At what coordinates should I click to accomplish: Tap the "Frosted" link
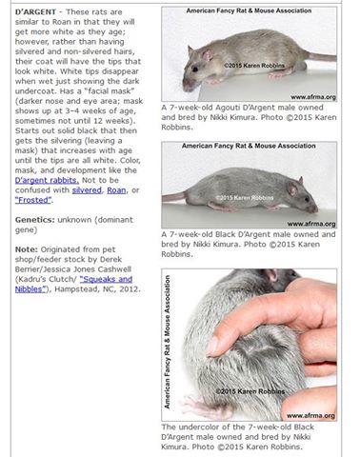(x=37, y=201)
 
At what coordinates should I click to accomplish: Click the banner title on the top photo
(x=250, y=10)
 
